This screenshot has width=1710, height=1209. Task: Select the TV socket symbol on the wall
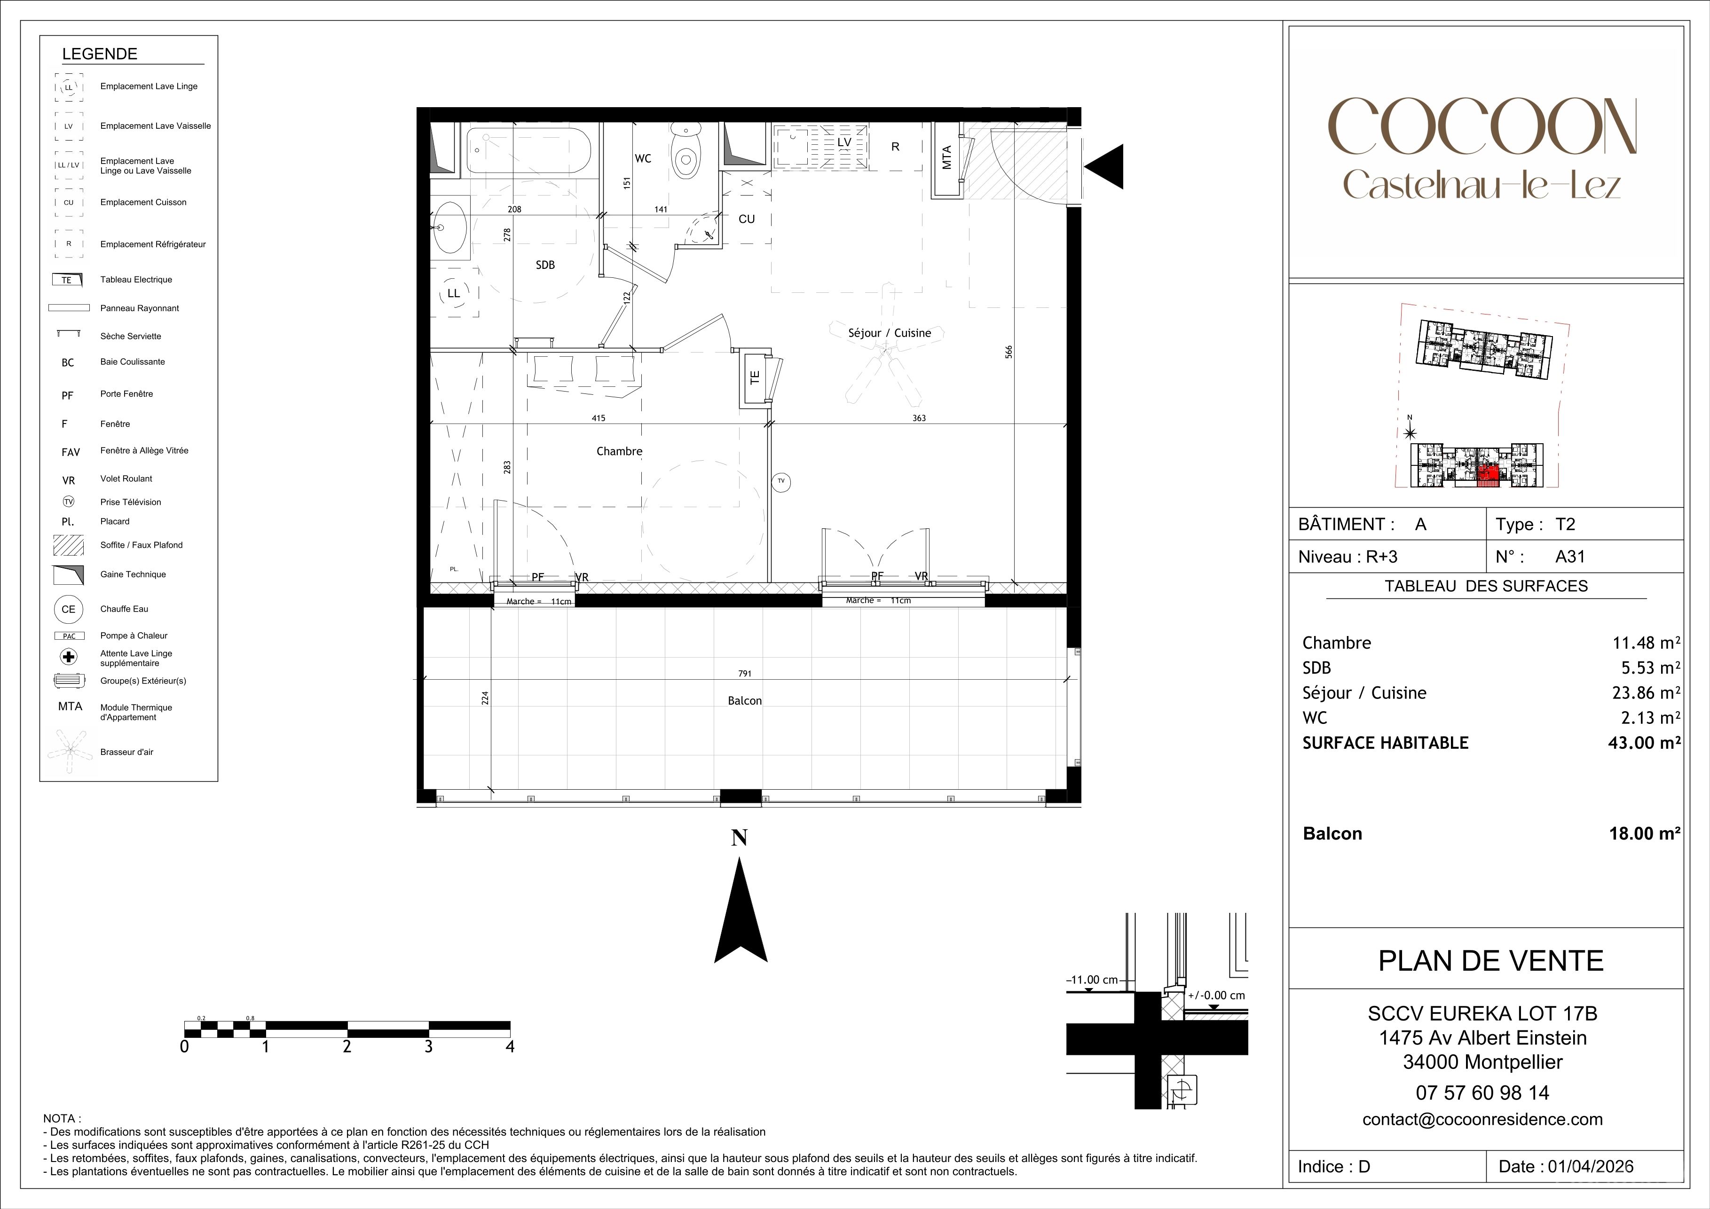click(781, 482)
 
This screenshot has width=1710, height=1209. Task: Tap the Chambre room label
click(619, 451)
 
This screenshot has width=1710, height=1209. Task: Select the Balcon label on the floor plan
click(745, 700)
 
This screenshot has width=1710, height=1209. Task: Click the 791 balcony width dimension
click(745, 673)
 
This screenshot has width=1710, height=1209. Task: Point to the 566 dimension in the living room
click(1009, 352)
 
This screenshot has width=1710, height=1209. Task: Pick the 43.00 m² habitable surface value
click(1645, 743)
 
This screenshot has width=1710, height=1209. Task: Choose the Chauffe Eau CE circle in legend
click(69, 609)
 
